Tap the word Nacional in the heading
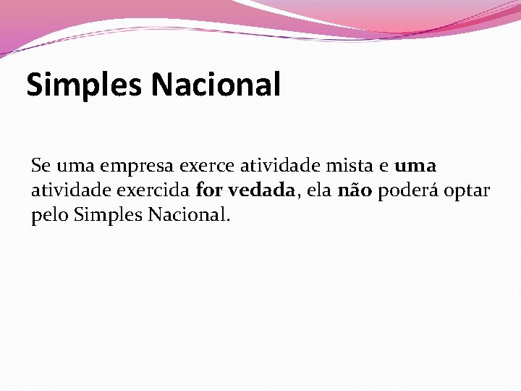216,84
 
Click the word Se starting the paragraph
40,166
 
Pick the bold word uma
415,166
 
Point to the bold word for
210,190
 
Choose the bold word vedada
261,190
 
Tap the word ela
318,190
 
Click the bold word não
355,190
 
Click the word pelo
49,216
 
